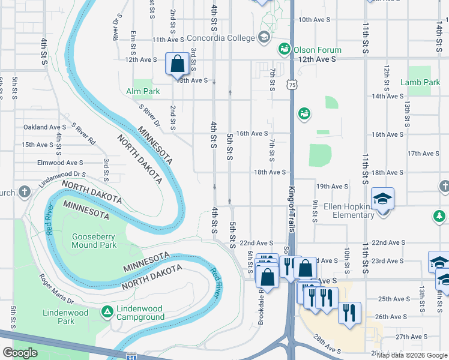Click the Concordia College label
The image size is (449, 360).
point(221,38)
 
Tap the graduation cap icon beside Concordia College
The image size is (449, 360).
point(263,38)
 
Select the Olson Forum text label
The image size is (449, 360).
point(318,50)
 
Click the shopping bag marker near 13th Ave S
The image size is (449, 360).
point(178,63)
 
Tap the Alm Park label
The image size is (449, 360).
point(143,91)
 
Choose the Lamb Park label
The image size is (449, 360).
point(420,82)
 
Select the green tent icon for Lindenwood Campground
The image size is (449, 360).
point(107,311)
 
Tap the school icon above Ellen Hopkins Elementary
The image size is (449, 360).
point(382,197)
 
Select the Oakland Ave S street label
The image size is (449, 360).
point(44,127)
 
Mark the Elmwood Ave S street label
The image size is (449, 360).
point(60,163)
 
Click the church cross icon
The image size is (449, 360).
point(23,192)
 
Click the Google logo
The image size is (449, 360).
point(20,352)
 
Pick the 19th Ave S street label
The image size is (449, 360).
point(333,187)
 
